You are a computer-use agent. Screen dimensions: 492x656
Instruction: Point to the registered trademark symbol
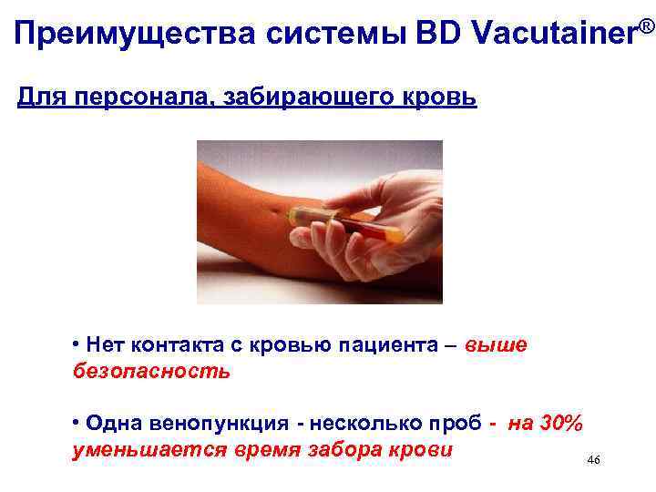[x=646, y=21]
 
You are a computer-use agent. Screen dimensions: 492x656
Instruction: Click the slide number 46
[x=594, y=461]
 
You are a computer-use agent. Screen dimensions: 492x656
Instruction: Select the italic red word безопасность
[x=150, y=371]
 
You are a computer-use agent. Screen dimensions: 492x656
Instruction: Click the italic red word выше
[x=495, y=345]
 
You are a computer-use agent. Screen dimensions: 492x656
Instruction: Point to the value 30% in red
[x=558, y=424]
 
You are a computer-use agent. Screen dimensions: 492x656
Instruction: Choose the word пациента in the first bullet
[x=397, y=345]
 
